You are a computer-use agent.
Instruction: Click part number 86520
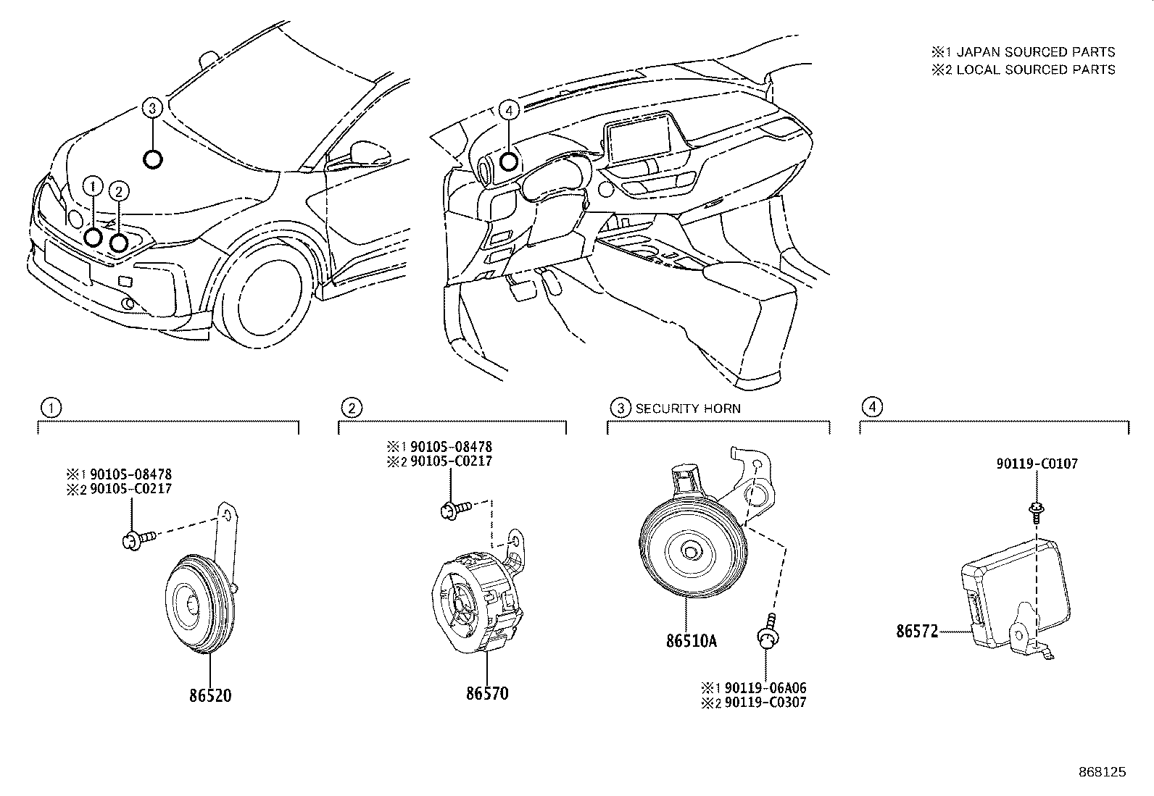tap(210, 695)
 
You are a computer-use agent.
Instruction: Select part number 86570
tap(486, 693)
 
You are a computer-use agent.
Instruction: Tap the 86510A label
tap(692, 640)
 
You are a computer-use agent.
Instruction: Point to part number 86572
tap(916, 631)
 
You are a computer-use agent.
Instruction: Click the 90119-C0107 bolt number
tap(1037, 464)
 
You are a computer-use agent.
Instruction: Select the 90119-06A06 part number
tap(765, 687)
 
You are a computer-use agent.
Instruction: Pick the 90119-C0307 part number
tap(765, 702)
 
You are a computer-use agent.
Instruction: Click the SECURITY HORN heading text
tap(688, 409)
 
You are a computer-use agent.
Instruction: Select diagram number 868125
tap(1101, 772)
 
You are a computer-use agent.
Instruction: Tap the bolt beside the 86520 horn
tap(136, 539)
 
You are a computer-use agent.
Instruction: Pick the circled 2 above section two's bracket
tap(352, 408)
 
